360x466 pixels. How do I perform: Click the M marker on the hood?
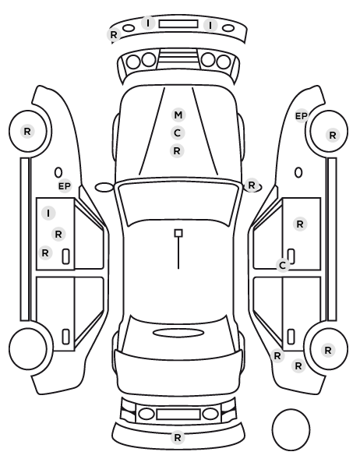click(178, 115)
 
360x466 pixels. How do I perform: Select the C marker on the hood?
click(177, 132)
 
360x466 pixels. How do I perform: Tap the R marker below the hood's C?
click(177, 151)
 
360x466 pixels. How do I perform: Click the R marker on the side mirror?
click(252, 185)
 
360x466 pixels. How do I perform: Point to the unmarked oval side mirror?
click(104, 187)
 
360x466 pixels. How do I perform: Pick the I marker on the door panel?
click(48, 213)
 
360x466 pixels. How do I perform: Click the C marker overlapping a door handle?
click(283, 265)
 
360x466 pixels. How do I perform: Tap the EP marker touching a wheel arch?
click(301, 116)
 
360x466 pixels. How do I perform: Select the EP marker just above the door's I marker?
click(65, 186)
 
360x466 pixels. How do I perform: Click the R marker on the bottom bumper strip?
click(178, 437)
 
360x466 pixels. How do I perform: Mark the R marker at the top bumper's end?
click(114, 35)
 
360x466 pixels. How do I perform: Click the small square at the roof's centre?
click(178, 233)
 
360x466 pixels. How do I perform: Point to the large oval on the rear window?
click(178, 333)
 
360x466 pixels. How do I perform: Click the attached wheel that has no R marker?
click(28, 348)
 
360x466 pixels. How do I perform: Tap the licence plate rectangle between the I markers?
click(178, 24)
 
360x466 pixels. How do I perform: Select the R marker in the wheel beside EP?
click(333, 136)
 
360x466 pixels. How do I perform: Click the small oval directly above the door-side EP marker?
click(58, 173)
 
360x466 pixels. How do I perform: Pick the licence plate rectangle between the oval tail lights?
click(178, 415)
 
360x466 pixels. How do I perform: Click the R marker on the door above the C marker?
click(300, 224)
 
